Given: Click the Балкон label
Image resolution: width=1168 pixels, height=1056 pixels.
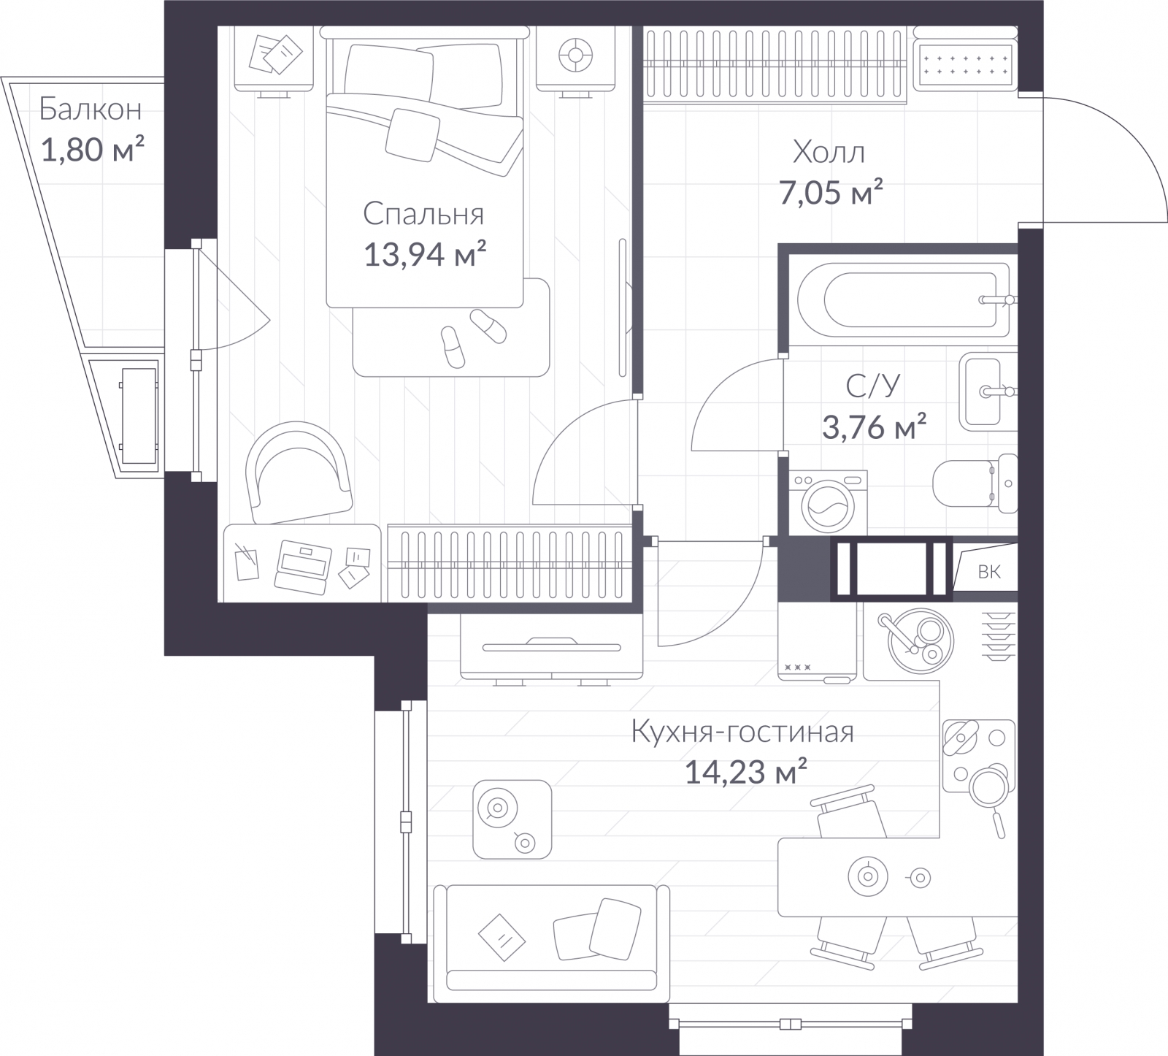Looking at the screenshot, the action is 91,110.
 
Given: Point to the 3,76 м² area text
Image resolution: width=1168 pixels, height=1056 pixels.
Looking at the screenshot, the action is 875,427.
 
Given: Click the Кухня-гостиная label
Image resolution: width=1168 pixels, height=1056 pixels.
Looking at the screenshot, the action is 742,732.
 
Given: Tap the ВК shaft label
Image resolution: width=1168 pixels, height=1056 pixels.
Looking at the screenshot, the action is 989,572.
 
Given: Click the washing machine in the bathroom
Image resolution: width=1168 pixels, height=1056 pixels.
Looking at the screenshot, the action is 828,503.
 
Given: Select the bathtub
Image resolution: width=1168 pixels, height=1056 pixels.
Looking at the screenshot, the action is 903,299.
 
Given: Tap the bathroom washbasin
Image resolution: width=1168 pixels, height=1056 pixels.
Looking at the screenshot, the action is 988,391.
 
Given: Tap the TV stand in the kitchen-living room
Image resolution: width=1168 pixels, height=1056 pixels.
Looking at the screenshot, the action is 551,647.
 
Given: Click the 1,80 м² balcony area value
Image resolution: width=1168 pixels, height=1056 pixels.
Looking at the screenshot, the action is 93,151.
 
